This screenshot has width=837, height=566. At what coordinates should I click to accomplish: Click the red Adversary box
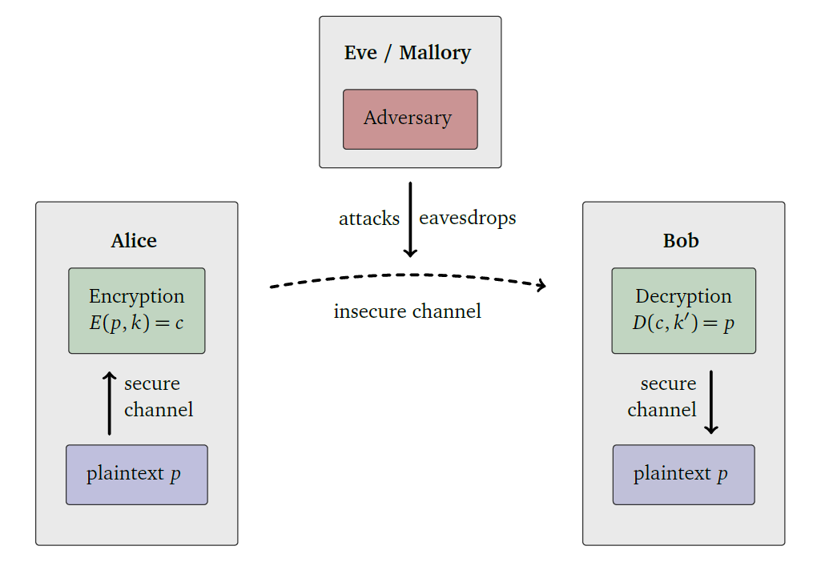point(410,118)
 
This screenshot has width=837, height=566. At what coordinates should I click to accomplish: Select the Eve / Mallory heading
point(408,53)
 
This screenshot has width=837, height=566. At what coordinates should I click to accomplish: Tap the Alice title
point(134,241)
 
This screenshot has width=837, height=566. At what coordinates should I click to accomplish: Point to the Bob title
point(681,241)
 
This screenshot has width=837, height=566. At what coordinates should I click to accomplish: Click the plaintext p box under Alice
point(137,474)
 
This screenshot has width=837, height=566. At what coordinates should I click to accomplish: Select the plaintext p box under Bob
point(683,474)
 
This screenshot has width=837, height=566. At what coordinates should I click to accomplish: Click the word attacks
point(368,219)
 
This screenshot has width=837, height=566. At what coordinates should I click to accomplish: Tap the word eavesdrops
point(467,218)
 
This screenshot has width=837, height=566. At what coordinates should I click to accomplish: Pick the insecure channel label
point(407,311)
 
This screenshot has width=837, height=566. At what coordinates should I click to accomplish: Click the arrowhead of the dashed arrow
point(541,285)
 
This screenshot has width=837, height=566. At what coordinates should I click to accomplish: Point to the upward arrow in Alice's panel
point(110,403)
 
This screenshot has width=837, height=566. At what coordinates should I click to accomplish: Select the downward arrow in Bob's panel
point(710,403)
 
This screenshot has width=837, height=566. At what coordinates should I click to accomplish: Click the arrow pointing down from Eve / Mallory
point(410,220)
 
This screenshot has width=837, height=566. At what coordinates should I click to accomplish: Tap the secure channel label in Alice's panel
point(159,397)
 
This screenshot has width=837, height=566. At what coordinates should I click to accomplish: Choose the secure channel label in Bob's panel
point(662,397)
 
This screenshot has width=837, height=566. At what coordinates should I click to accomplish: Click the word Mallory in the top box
point(435,53)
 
